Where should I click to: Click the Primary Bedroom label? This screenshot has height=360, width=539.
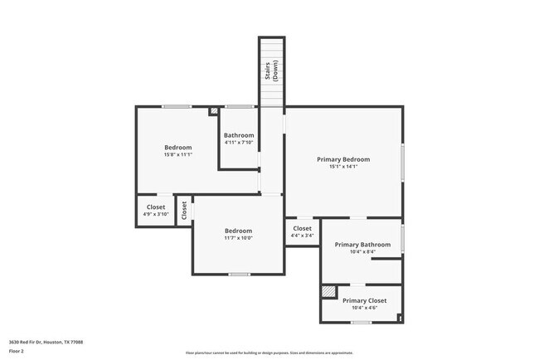343,158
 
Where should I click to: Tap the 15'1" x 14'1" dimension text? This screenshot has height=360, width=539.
343,167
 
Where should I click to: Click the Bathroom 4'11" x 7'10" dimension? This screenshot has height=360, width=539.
239,142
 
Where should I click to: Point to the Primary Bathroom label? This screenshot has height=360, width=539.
362,245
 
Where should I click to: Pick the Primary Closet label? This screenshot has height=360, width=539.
365,300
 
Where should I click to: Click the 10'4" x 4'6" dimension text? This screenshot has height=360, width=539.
365,308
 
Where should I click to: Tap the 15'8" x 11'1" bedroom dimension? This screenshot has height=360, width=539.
177,155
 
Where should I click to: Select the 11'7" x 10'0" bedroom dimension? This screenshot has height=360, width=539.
239,238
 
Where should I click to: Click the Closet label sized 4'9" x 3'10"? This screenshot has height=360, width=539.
156,207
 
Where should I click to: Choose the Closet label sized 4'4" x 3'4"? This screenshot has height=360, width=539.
302,228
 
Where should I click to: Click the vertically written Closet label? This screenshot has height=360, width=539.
184,211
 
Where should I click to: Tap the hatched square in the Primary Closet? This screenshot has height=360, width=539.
329,292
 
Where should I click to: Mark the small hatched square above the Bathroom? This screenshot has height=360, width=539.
214,109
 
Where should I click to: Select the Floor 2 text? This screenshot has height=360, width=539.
17,350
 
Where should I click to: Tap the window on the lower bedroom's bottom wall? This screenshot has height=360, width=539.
240,274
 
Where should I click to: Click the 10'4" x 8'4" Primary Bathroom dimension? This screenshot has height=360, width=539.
362,253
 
